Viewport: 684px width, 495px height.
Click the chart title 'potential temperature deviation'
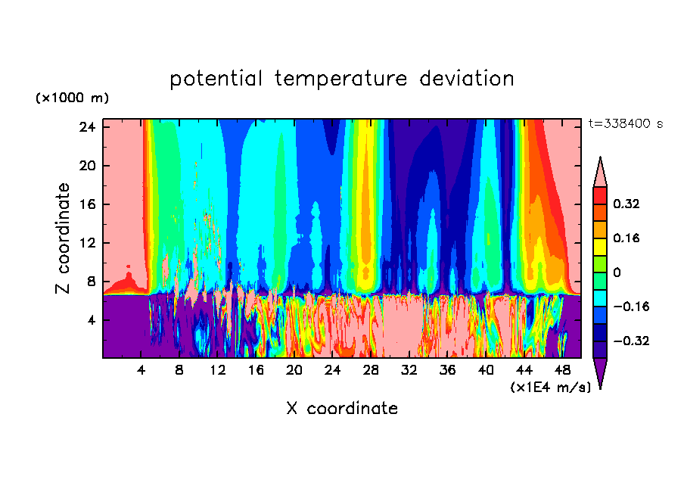342,79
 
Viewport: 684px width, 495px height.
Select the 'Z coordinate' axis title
64,238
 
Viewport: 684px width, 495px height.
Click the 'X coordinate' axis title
342,409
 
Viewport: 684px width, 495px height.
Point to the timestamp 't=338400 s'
625,123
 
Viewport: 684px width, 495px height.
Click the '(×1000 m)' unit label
72,98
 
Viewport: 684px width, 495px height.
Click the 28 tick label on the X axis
371,371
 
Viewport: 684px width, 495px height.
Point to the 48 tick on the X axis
562,371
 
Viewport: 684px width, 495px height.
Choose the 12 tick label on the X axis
218,371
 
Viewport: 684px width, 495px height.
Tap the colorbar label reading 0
617,272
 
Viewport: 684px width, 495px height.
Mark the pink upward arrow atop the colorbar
600,173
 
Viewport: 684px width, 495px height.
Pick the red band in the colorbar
600,195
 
